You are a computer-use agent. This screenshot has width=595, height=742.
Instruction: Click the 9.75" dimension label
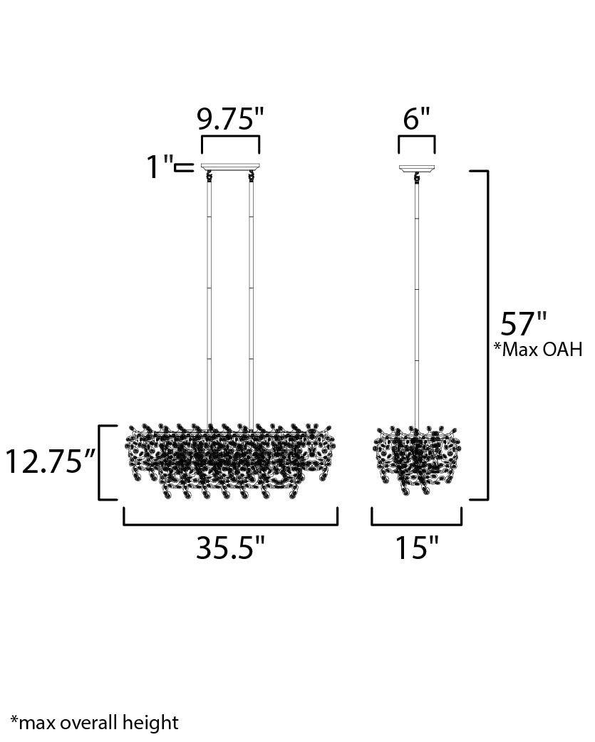tap(230, 118)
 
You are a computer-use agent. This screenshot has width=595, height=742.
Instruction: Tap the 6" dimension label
tap(417, 118)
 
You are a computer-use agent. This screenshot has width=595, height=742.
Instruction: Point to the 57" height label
tap(524, 324)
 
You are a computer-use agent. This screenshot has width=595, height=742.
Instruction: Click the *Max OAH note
tap(538, 350)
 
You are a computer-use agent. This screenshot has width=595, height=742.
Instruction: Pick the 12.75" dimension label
tap(50, 462)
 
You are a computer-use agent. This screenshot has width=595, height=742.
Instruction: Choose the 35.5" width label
tap(231, 548)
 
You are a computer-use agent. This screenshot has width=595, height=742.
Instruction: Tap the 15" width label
tap(417, 548)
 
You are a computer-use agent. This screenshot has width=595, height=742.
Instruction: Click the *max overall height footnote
tap(95, 723)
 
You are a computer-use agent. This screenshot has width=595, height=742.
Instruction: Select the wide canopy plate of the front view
tap(231, 167)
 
